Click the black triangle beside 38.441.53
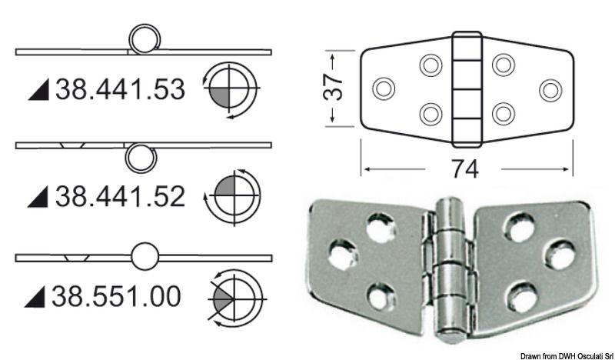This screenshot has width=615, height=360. (38, 92)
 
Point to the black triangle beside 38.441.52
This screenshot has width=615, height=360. (38, 198)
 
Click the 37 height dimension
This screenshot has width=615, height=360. (332, 89)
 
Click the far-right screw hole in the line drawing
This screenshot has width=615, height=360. (550, 89)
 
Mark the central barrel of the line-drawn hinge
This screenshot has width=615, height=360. (465, 88)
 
